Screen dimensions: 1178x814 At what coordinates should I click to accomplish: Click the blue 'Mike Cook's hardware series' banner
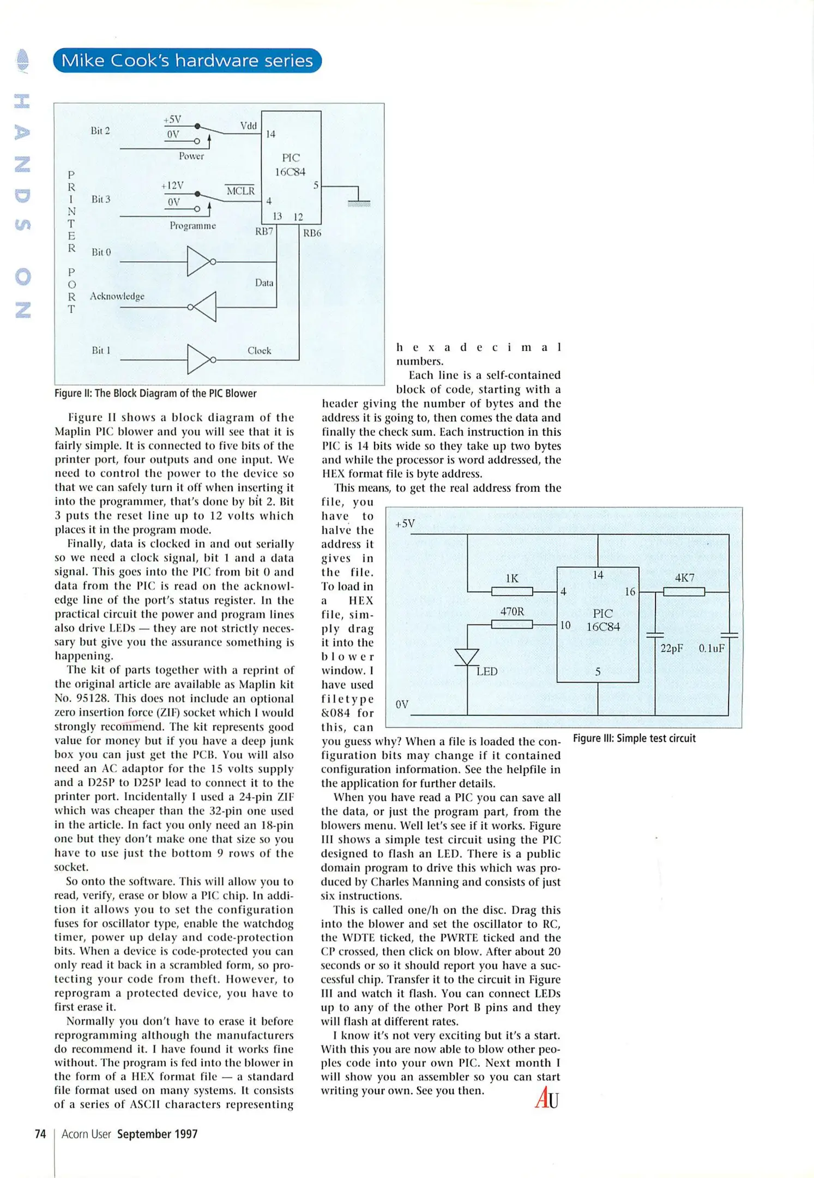point(187,61)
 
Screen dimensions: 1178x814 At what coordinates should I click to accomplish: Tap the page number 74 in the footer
point(40,1134)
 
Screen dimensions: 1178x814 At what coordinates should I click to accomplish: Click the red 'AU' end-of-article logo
point(547,1098)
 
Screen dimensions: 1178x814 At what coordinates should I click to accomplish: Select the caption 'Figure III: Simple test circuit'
point(634,738)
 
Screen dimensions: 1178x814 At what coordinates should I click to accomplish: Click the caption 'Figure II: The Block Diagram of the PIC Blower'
point(155,393)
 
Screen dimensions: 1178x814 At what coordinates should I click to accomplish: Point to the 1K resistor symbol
point(511,591)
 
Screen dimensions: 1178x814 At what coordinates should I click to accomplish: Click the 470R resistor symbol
point(511,624)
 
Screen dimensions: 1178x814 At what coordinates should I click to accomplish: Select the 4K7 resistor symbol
point(684,591)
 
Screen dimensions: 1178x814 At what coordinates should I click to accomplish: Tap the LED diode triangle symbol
point(467,657)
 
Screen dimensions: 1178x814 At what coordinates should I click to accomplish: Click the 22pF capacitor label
point(672,648)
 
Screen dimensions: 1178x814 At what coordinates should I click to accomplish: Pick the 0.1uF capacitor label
point(712,648)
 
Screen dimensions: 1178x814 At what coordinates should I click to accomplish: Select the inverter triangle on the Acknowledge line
point(205,307)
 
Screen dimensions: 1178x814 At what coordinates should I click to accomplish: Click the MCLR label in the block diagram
point(240,191)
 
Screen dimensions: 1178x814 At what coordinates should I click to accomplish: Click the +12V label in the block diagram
point(172,185)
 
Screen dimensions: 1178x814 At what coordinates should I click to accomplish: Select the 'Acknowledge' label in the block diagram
point(117,296)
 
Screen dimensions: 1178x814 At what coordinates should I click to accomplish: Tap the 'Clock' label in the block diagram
point(259,351)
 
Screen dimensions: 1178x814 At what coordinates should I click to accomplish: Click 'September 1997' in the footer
point(157,1134)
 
